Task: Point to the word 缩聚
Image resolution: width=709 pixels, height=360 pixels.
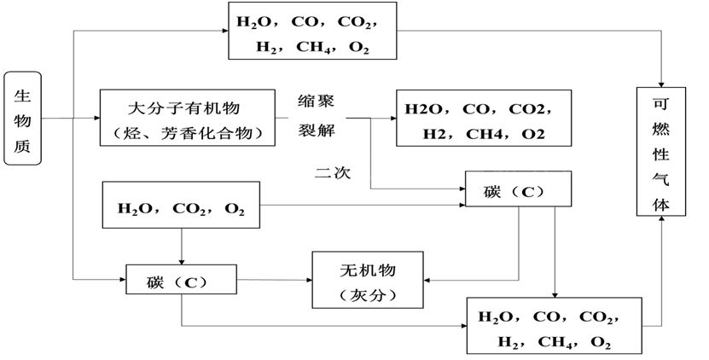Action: coord(316,102)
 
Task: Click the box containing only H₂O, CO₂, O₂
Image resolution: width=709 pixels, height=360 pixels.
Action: coord(181,206)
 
